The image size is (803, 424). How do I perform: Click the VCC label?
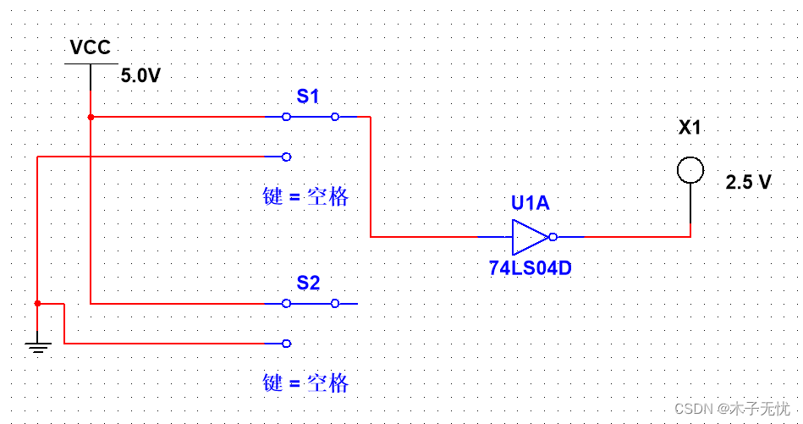pyautogui.click(x=90, y=47)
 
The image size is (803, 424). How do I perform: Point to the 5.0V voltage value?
pyautogui.click(x=140, y=75)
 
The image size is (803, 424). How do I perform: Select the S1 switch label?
pyautogui.click(x=308, y=96)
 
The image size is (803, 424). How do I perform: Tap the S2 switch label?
pyautogui.click(x=308, y=283)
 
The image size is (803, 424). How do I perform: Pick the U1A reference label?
pyautogui.click(x=530, y=204)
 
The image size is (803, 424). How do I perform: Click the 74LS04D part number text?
pyautogui.click(x=531, y=268)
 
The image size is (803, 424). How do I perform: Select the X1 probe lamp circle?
pyautogui.click(x=690, y=170)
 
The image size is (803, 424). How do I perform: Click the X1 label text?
pyautogui.click(x=690, y=129)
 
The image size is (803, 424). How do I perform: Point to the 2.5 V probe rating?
pyautogui.click(x=749, y=182)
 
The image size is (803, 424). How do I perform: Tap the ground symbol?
pyautogui.click(x=37, y=344)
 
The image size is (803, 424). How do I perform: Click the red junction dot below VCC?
pyautogui.click(x=90, y=117)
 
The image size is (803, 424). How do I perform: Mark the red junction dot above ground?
pyautogui.click(x=37, y=303)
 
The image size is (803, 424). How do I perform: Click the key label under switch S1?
pyautogui.click(x=305, y=197)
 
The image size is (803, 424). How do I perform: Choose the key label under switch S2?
pyautogui.click(x=305, y=383)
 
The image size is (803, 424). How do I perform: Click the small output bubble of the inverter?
pyautogui.click(x=553, y=237)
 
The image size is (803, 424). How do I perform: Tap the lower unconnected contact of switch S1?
pyautogui.click(x=286, y=157)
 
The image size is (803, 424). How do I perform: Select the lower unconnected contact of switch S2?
pyautogui.click(x=286, y=343)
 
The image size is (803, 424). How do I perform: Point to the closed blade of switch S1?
pyautogui.click(x=311, y=117)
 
